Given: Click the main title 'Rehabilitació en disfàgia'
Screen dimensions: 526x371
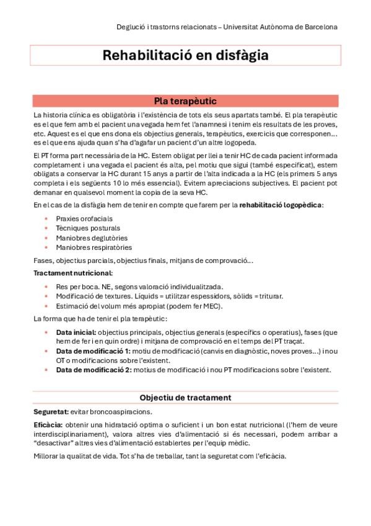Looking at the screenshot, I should (x=185, y=55).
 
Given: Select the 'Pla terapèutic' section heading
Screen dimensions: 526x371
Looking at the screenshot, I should (x=185, y=101).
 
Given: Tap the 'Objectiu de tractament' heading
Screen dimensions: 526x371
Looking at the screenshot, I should (x=185, y=397).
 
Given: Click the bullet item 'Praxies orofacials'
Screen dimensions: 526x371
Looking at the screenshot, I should (x=85, y=218).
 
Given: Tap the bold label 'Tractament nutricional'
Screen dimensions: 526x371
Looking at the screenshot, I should (x=73, y=273).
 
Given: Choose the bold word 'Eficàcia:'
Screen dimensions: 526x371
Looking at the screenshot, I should (x=48, y=425).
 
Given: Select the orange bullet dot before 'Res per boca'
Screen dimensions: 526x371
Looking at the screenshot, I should (x=46, y=287).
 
